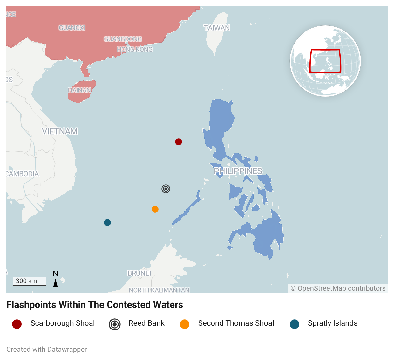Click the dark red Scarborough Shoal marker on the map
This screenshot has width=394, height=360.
[179, 142]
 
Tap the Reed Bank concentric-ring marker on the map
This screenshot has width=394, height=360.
[166, 189]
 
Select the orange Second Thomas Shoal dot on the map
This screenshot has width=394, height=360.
[155, 209]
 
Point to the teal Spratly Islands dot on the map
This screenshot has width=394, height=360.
[107, 223]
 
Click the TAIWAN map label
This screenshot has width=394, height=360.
[217, 28]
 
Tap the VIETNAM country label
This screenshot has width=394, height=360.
[60, 131]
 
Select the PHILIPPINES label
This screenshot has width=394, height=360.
[238, 171]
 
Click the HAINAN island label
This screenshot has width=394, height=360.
[79, 90]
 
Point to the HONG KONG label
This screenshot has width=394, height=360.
[134, 50]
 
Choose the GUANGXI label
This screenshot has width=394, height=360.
[72, 28]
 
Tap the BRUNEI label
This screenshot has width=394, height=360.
[139, 273]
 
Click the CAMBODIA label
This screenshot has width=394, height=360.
[22, 174]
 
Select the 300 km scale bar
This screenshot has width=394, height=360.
[29, 282]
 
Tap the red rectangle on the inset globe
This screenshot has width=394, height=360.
[325, 61]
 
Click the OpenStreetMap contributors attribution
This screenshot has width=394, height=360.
[338, 288]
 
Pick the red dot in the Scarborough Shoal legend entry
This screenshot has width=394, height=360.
[17, 324]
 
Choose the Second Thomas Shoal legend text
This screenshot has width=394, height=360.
[236, 323]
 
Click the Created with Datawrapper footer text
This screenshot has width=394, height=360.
[47, 350]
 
